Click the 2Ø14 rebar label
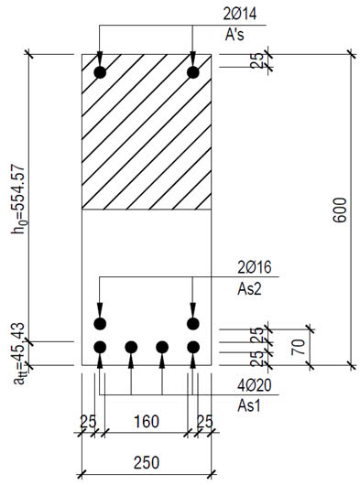pyautogui.click(x=240, y=14)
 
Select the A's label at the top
pyautogui.click(x=235, y=35)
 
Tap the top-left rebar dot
pyautogui.click(x=100, y=72)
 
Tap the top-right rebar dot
pyautogui.click(x=193, y=72)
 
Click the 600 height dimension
pyautogui.click(x=340, y=210)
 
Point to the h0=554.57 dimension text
pyautogui.click(x=18, y=199)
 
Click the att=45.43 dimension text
pyautogui.click(x=19, y=353)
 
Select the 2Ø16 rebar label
pyautogui.click(x=255, y=267)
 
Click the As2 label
pyautogui.click(x=249, y=289)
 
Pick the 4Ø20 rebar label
pyautogui.click(x=255, y=385)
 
